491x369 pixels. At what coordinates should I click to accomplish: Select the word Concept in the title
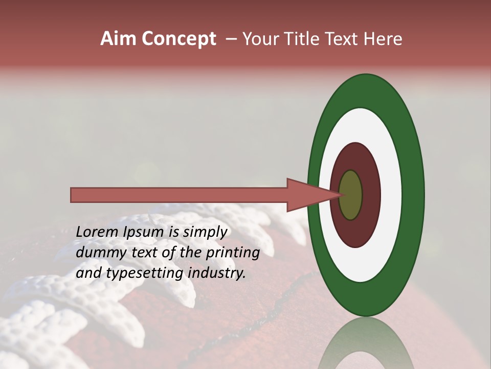tap(179, 39)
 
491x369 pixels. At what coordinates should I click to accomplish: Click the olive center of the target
tap(351, 195)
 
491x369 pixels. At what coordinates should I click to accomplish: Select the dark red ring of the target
tap(371, 195)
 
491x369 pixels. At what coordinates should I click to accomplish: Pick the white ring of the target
tap(391, 195)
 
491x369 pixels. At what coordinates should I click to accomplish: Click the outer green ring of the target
tap(414, 195)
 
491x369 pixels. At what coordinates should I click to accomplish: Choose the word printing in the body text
tap(233, 253)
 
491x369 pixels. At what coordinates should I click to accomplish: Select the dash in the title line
tap(231, 39)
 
